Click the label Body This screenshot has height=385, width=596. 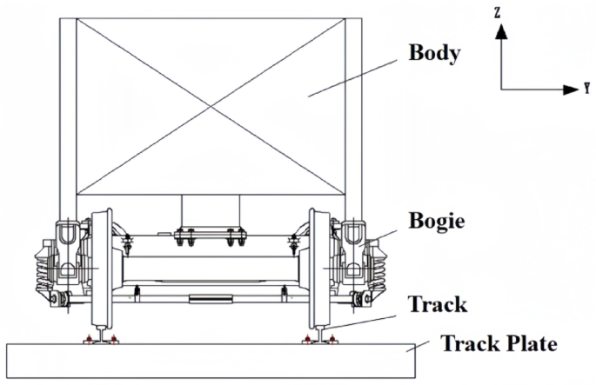tap(435, 53)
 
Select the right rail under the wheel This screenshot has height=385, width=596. tap(317, 335)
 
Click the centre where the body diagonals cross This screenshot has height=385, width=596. tap(210, 105)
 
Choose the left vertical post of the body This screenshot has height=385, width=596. tap(66, 113)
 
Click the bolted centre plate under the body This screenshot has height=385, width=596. tap(209, 235)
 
